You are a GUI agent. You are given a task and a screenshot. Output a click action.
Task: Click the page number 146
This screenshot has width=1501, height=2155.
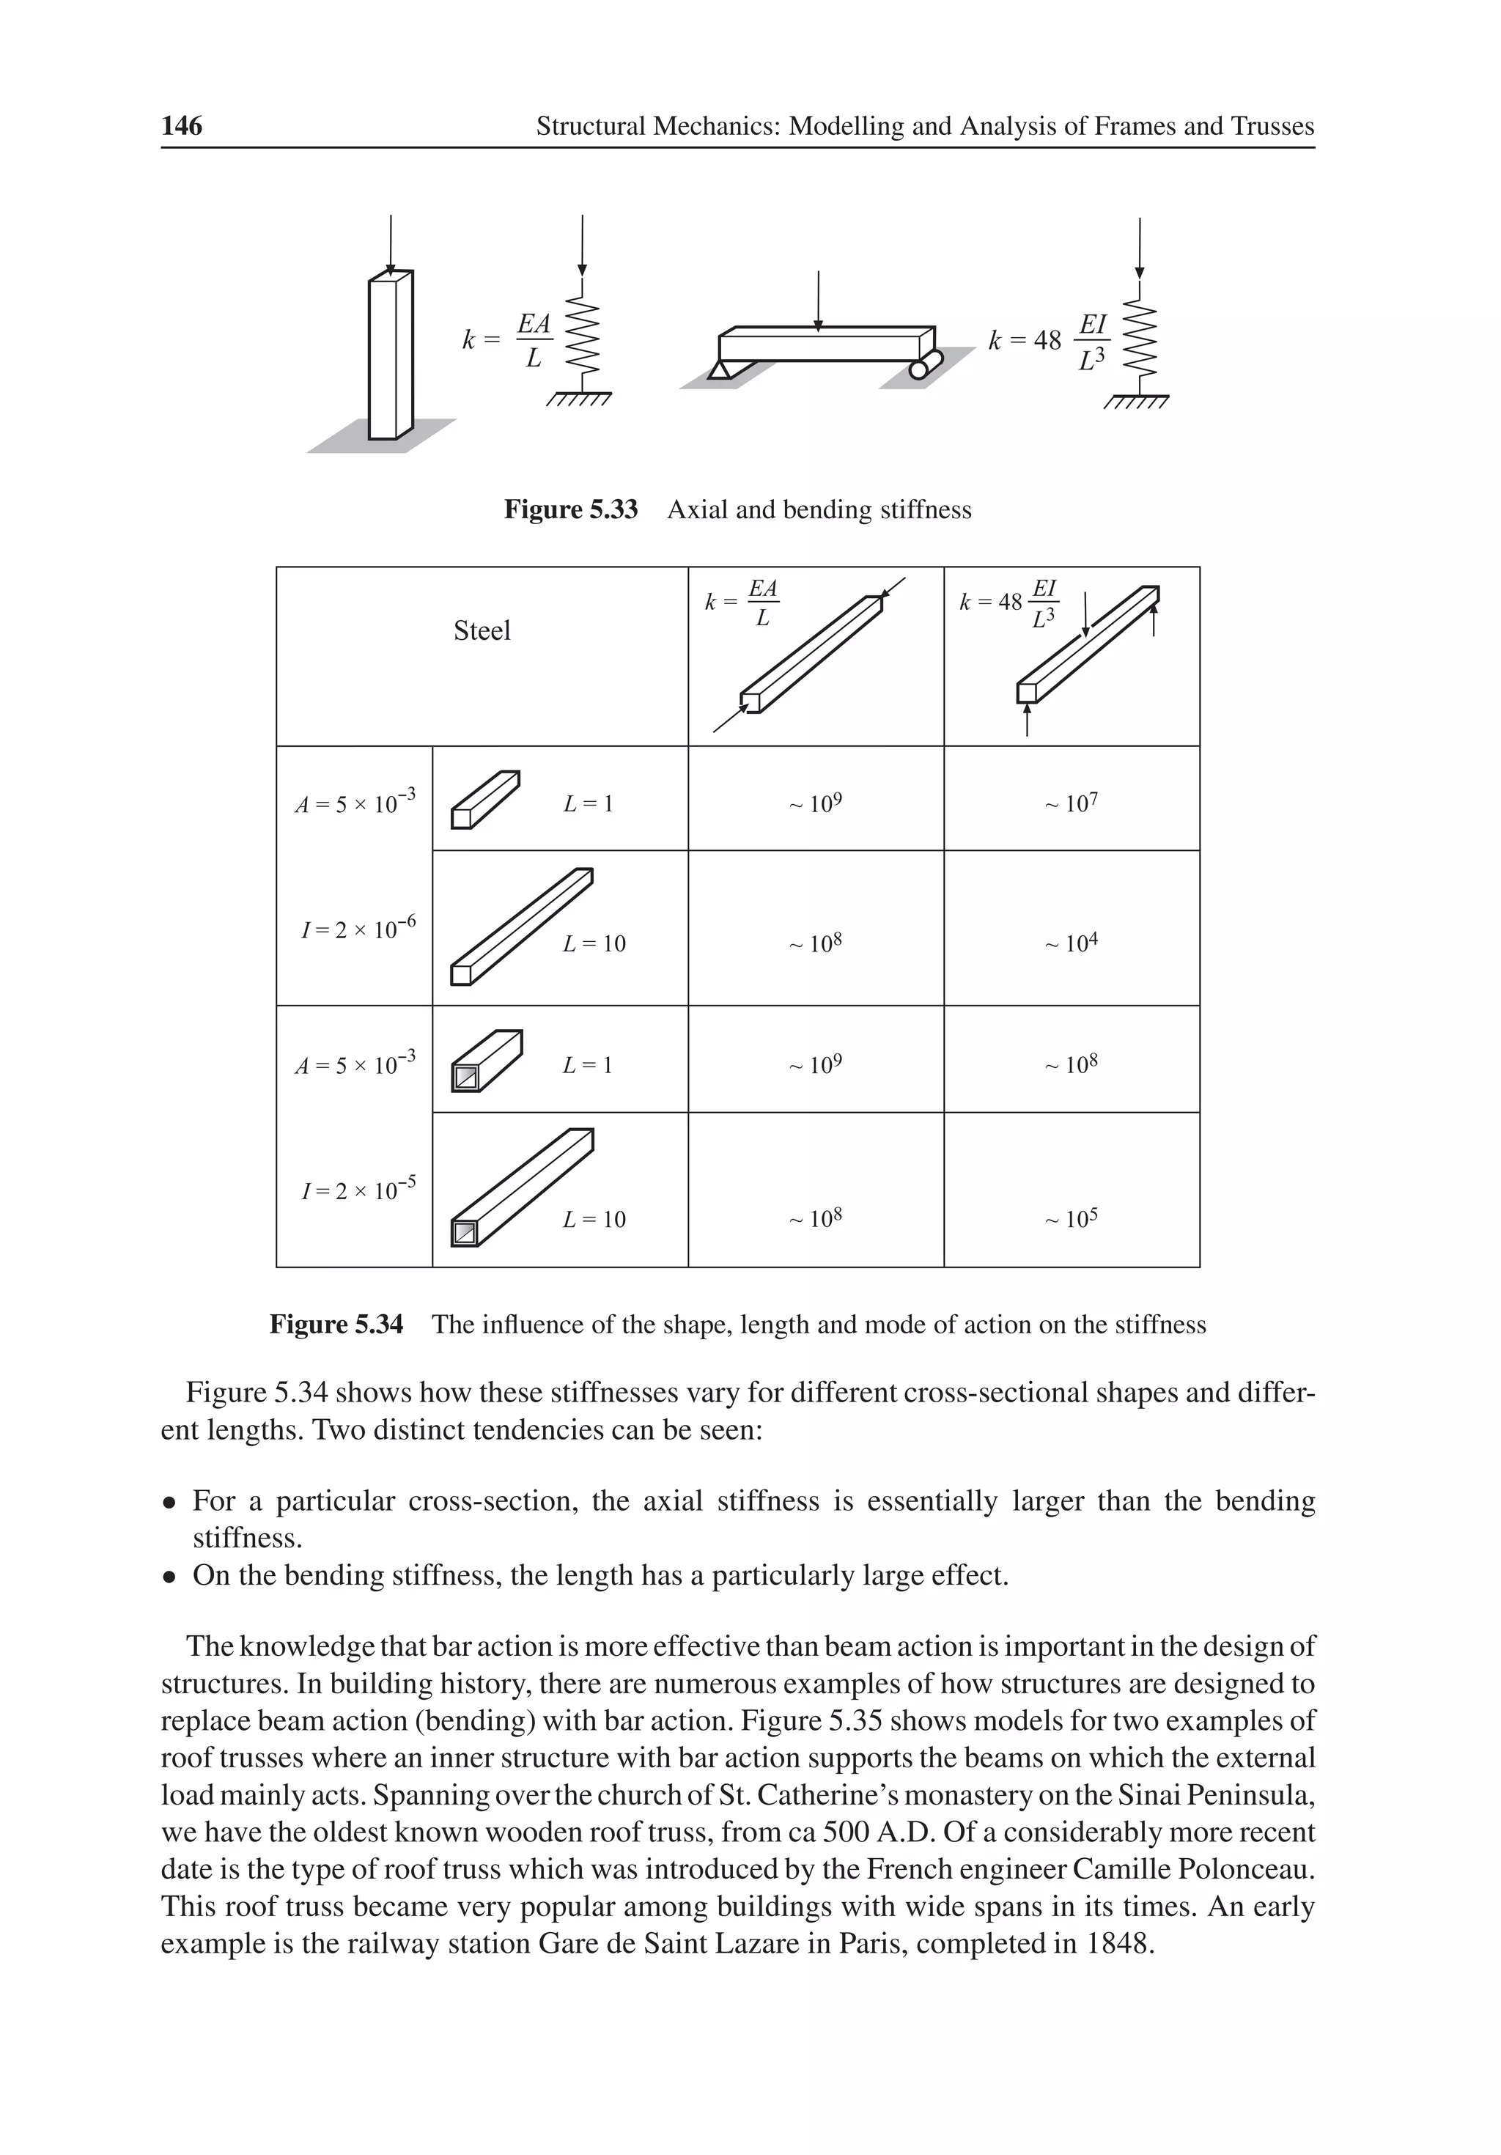click(x=181, y=126)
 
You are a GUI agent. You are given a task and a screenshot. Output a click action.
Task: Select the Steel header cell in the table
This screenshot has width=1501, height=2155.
click(x=482, y=630)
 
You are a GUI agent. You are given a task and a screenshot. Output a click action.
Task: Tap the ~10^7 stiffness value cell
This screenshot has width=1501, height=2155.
click(x=1070, y=803)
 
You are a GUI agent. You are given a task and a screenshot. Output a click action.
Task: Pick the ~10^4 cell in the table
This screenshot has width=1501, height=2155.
click(x=1070, y=943)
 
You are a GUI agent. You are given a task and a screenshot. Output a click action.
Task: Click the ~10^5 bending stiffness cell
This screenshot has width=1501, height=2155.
click(x=1070, y=1219)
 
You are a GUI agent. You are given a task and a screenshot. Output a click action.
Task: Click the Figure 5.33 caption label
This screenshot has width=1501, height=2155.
click(x=571, y=509)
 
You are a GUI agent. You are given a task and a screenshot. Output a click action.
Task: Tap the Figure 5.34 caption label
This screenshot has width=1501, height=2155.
click(x=336, y=1325)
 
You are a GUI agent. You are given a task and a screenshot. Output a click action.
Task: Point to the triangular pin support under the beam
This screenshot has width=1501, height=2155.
click(x=720, y=372)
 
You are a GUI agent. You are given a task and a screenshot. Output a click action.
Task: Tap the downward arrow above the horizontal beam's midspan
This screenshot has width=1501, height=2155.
click(x=819, y=301)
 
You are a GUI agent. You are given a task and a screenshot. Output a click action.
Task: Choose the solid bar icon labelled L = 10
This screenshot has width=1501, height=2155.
click(x=521, y=927)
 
